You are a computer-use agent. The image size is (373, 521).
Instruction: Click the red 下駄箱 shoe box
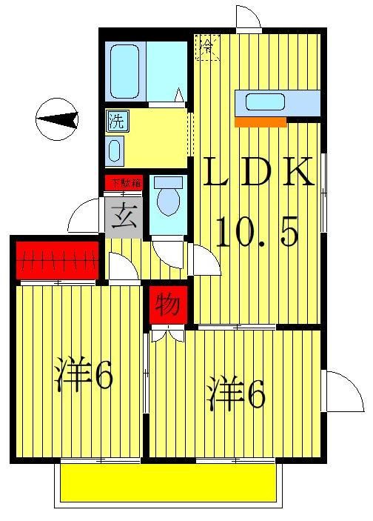[x=122, y=182]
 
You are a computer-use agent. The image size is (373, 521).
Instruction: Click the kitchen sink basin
[x=265, y=102]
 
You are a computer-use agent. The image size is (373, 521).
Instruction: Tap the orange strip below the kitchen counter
[x=260, y=122]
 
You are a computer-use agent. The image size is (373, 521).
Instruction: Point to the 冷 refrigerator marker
[x=207, y=48]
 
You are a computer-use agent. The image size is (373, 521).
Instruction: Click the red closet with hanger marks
[x=57, y=261]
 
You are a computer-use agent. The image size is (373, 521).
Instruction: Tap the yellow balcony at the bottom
[x=168, y=482]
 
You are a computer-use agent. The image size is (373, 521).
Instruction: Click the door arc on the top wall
[x=248, y=18]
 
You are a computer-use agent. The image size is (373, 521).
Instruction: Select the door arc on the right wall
[x=343, y=391]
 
